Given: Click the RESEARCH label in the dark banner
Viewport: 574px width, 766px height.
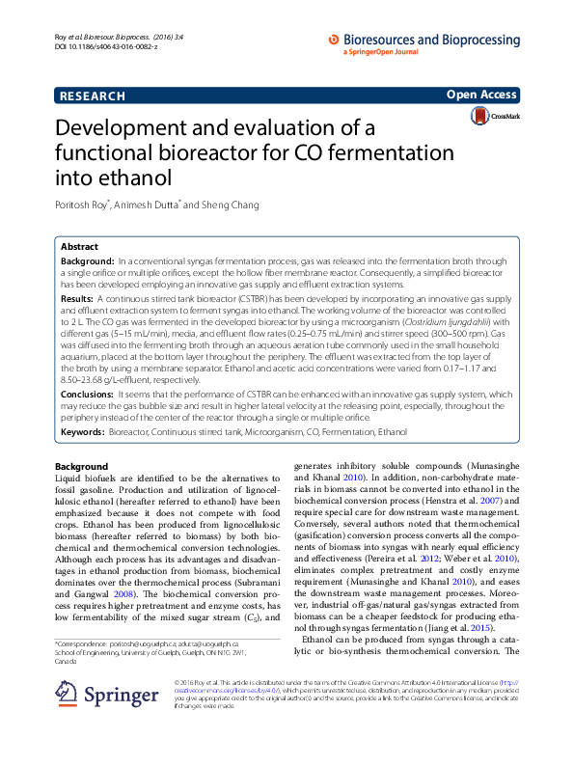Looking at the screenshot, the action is click(93, 96).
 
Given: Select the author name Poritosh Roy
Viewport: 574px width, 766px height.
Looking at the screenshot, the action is click(82, 205).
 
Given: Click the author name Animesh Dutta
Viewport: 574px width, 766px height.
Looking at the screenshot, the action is click(149, 205).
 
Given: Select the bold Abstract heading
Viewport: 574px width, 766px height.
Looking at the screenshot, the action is click(80, 247).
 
